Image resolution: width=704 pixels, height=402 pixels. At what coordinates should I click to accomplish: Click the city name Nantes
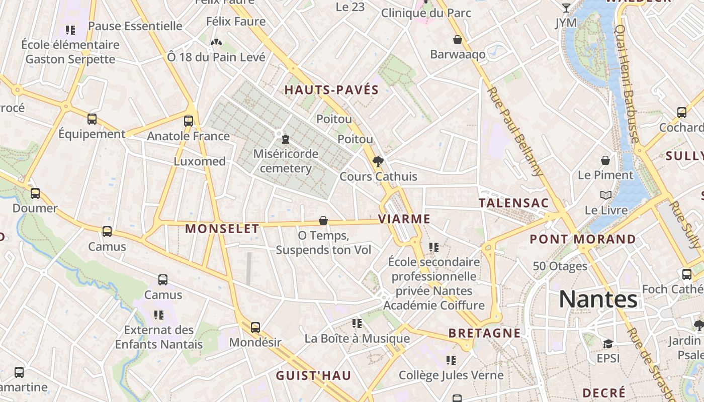click(598, 299)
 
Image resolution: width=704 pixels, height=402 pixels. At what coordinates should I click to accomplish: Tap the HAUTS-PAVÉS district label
click(331, 90)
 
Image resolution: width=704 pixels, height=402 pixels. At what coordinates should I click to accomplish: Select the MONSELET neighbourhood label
click(222, 229)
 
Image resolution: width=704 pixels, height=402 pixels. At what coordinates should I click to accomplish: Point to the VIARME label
click(404, 219)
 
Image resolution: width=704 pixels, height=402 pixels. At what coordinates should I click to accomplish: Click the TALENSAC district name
click(513, 203)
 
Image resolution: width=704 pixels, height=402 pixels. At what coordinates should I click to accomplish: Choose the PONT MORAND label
click(583, 239)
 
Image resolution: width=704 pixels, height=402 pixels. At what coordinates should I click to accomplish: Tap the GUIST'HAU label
click(313, 376)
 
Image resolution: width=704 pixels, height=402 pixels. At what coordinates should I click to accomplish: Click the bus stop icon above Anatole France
click(189, 121)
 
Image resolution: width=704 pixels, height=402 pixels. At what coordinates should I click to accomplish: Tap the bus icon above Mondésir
click(255, 328)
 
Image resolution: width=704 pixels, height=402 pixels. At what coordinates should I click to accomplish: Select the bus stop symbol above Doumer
click(35, 193)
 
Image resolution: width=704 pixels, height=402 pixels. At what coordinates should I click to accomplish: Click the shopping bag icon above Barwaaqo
click(458, 40)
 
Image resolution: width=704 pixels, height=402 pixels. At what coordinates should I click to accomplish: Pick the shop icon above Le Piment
click(605, 160)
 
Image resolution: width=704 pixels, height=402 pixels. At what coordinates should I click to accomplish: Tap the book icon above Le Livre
click(606, 195)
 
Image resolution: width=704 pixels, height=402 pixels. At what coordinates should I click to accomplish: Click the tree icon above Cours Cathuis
click(378, 161)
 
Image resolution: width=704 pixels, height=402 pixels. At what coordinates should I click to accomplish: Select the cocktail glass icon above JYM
click(566, 8)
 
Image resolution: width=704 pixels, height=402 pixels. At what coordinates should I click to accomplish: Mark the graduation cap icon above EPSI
click(608, 344)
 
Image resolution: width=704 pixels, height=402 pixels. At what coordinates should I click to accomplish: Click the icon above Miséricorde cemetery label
click(286, 139)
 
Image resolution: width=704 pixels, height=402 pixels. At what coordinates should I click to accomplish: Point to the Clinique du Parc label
click(426, 13)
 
